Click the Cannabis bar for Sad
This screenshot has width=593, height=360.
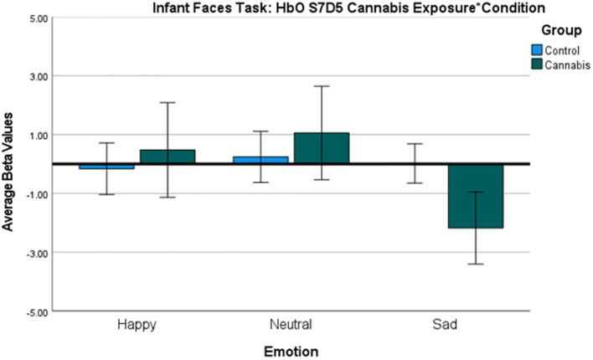pyautogui.click(x=475, y=196)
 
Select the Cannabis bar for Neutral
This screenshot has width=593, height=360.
pyautogui.click(x=321, y=148)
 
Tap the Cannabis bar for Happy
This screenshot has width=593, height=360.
pyautogui.click(x=167, y=157)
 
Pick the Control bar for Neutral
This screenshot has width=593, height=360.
pyautogui.click(x=260, y=160)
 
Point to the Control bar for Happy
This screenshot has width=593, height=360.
pyautogui.click(x=106, y=167)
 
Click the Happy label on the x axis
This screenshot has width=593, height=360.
pyautogui.click(x=137, y=323)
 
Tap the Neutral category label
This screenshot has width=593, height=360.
pyautogui.click(x=291, y=323)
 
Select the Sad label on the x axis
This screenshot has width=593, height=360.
pyautogui.click(x=445, y=323)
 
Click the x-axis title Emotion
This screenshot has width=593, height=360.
pyautogui.click(x=291, y=350)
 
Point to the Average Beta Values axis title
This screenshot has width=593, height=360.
pyautogui.click(x=10, y=164)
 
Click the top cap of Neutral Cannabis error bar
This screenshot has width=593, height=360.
pyautogui.click(x=321, y=86)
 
